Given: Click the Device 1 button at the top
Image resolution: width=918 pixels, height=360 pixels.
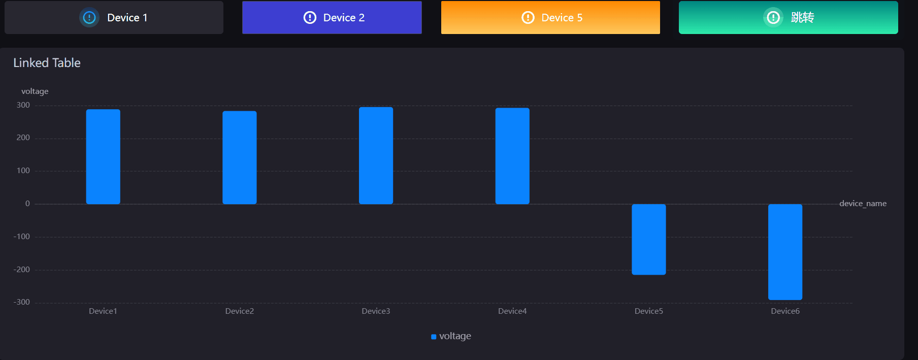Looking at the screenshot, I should (x=114, y=18).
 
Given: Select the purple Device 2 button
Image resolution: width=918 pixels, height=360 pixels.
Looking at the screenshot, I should (x=332, y=18).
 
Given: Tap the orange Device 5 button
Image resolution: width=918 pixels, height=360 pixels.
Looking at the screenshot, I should (x=550, y=18).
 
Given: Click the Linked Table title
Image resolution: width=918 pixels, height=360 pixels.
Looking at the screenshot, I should (x=47, y=63).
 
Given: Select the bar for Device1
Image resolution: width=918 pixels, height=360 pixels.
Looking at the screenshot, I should (x=103, y=156).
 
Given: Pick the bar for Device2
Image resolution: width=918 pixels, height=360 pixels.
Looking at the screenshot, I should (x=240, y=157).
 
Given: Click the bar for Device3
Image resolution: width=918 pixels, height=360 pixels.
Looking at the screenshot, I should (x=376, y=155).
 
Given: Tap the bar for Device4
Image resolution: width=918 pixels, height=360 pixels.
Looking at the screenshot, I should (x=512, y=156).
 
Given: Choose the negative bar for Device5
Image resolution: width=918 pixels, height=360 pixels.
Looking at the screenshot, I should (x=648, y=239).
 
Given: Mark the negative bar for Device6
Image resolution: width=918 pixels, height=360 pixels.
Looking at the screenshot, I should (x=785, y=252).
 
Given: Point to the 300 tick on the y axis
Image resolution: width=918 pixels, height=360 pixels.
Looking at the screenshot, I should (x=23, y=105).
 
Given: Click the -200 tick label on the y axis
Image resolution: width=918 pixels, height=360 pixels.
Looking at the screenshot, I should (x=22, y=270).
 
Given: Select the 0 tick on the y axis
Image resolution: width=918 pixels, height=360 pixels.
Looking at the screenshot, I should (x=27, y=204).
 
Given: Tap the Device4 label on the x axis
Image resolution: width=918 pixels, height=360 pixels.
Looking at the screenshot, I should (x=512, y=311).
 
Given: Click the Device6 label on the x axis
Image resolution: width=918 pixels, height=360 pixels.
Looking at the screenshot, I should (x=785, y=311).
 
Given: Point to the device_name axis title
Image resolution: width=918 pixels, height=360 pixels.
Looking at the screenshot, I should (x=863, y=204).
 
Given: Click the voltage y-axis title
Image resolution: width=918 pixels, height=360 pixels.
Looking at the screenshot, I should (x=35, y=91).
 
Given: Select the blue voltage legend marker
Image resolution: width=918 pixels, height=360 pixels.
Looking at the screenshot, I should (x=434, y=337).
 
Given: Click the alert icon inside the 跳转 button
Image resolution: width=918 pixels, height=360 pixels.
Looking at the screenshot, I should (x=773, y=18).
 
